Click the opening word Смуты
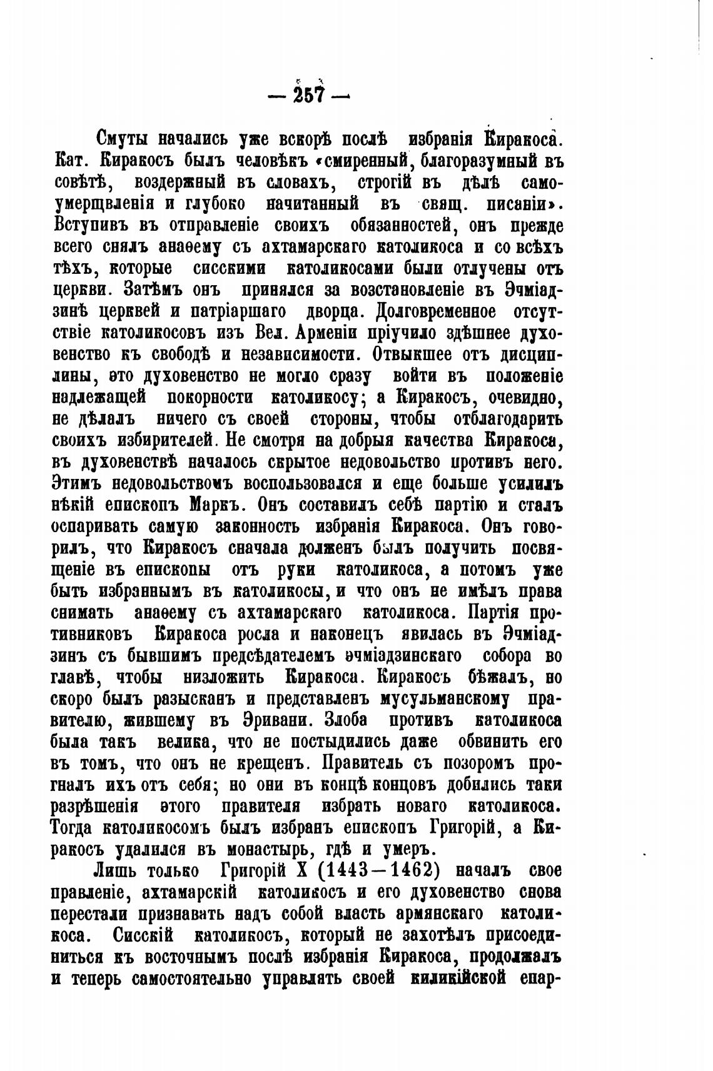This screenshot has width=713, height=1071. pos(124,138)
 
